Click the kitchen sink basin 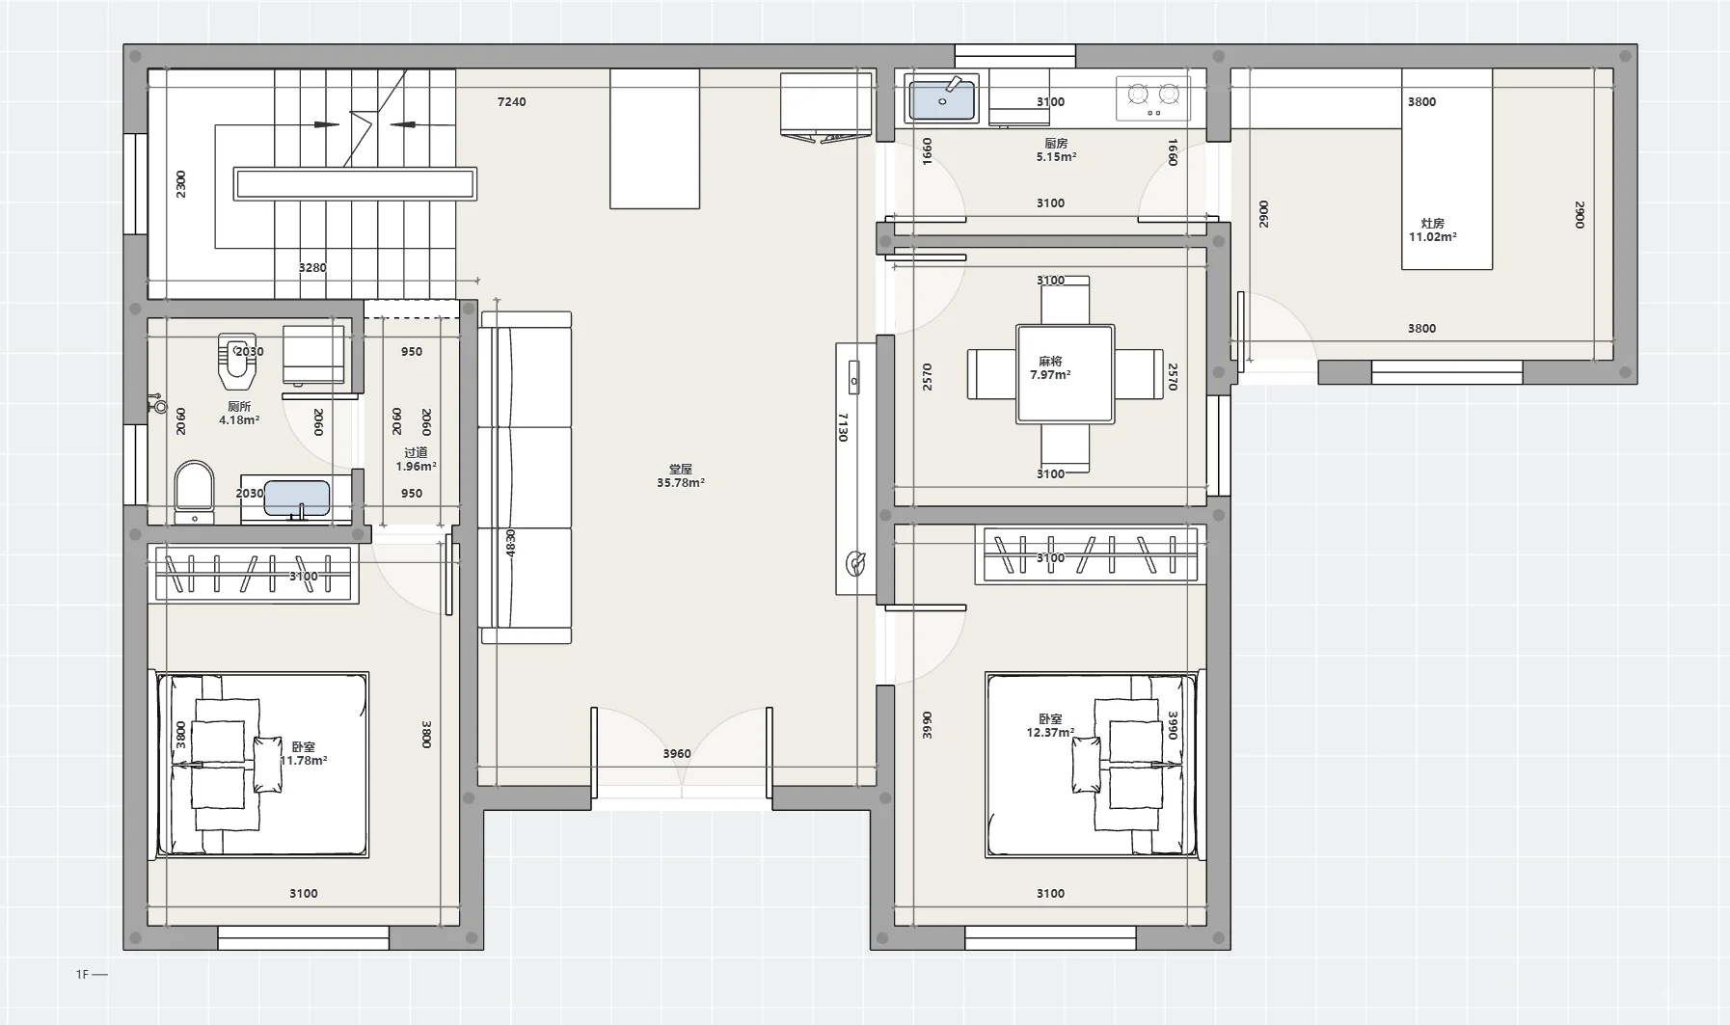942,99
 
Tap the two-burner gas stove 1153,97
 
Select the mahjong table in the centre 1065,374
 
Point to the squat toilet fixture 237,360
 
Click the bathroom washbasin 297,499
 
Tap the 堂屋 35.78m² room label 681,476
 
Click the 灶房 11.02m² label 1433,229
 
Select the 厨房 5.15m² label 1056,149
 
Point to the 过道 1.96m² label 416,459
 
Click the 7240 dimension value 511,101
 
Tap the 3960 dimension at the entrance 677,754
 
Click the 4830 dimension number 511,543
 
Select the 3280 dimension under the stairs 312,267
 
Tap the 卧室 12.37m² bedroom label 1050,726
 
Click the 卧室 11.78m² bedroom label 304,753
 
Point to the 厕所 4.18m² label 239,414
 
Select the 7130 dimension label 843,427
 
